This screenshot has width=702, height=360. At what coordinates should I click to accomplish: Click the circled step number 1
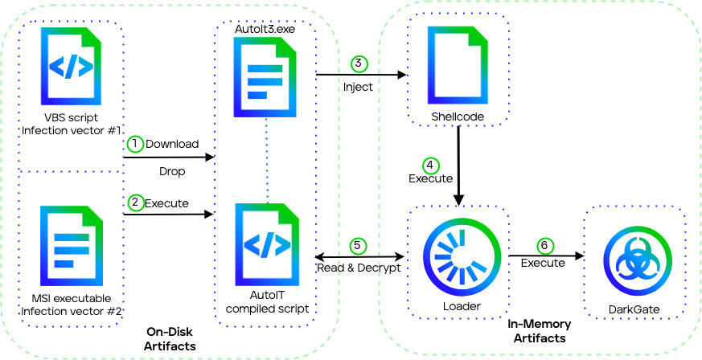(135, 143)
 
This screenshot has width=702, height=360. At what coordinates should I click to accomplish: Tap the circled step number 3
(359, 63)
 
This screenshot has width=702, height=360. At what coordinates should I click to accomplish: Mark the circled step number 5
(359, 246)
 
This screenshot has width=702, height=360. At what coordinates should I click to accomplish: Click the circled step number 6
(543, 246)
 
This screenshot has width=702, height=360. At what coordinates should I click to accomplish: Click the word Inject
(358, 87)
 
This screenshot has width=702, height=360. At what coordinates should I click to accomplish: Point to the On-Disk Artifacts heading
(173, 337)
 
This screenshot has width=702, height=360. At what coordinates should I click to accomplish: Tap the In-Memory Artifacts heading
(539, 330)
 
